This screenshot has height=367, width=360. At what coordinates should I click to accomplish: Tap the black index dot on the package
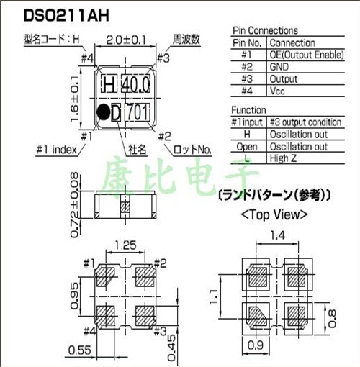tap(104, 112)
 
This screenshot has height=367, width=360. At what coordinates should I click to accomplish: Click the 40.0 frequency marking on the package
tap(135, 84)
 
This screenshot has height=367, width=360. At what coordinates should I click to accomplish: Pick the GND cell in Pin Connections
tap(279, 67)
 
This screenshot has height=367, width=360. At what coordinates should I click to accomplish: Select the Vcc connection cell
tap(278, 91)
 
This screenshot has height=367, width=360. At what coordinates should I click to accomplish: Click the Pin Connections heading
tap(264, 30)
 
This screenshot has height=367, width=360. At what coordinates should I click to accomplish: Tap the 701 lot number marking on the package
tap(138, 112)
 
